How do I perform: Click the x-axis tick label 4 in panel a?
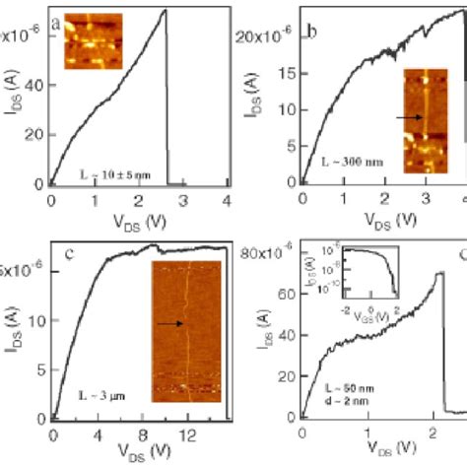coord(228,202)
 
